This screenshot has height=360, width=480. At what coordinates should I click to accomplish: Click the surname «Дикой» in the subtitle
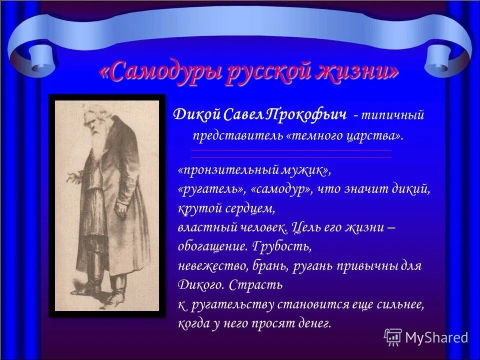[x=194, y=114]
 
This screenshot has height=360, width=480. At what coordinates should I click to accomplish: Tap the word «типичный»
[x=392, y=115]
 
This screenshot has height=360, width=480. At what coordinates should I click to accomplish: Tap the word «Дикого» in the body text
[x=196, y=285]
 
